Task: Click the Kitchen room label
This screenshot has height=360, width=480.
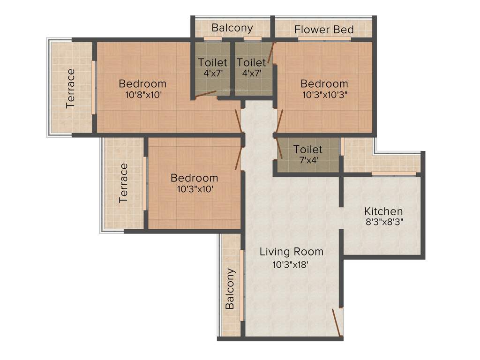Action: (383, 211)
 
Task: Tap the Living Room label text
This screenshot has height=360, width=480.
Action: (292, 252)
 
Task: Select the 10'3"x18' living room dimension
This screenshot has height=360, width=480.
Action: (291, 264)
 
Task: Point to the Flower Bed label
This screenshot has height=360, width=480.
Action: (324, 30)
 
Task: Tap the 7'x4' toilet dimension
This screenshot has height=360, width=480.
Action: (307, 159)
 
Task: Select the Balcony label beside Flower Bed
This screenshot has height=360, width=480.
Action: (232, 28)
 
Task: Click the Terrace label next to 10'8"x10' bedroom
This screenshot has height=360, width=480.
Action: (70, 88)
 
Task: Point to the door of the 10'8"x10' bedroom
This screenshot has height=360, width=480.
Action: (239, 120)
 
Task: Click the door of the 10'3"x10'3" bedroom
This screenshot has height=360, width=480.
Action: (280, 120)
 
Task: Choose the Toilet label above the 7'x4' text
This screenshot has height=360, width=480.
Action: (307, 150)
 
